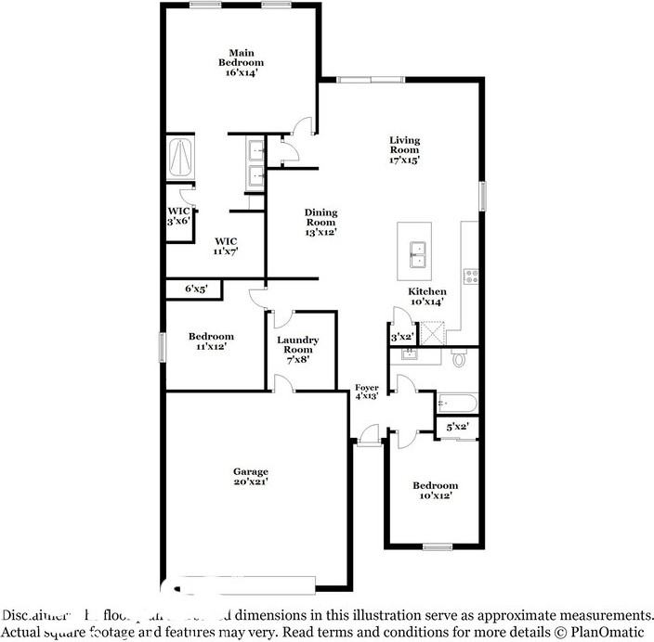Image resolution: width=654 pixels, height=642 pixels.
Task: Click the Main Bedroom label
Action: [x=236, y=62]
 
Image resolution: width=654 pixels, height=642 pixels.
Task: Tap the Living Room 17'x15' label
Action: [x=404, y=150]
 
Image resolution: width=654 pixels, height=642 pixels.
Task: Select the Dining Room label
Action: [x=320, y=223]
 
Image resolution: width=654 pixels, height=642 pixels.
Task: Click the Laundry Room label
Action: [x=298, y=349]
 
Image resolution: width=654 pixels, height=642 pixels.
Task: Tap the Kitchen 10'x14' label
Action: [x=428, y=297]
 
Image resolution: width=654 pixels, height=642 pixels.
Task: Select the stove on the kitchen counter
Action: [x=470, y=275]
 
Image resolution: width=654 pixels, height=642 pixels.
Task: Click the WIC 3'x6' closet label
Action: [x=177, y=216]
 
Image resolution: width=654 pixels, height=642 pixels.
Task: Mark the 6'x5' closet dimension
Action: [x=195, y=289]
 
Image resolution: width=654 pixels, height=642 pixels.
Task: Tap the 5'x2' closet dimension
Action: [x=457, y=427]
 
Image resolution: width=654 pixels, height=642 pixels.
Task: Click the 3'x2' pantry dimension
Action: [x=401, y=337]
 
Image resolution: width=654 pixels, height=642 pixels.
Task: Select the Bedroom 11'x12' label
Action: [x=211, y=340]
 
